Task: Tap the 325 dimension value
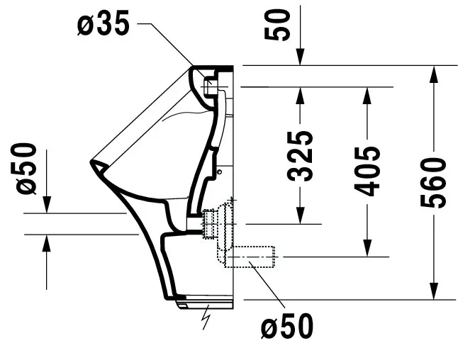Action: click(x=301, y=156)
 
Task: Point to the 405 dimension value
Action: click(x=367, y=171)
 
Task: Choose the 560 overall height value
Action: click(x=434, y=183)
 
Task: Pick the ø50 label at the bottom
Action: click(x=286, y=327)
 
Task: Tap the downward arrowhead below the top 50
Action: click(x=301, y=59)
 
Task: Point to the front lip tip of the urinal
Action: click(x=92, y=164)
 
